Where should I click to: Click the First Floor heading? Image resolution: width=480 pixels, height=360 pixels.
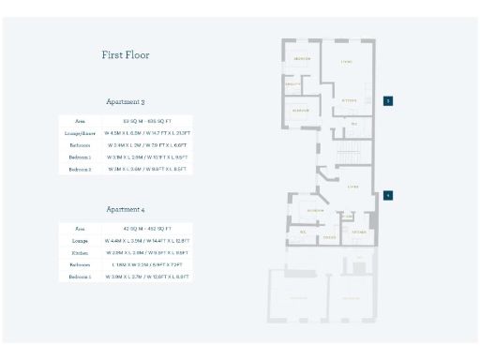[126, 55]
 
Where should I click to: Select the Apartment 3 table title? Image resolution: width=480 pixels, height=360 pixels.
[126, 101]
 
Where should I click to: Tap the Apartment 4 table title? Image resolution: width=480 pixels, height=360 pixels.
[126, 209]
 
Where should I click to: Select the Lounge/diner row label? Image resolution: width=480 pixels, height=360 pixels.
[80, 133]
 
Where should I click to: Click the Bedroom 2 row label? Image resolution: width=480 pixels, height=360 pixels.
[80, 170]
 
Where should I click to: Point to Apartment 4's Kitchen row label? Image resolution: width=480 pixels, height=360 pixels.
[80, 253]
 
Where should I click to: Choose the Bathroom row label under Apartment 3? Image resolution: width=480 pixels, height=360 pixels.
[80, 145]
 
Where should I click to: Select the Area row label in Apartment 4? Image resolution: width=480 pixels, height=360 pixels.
[80, 229]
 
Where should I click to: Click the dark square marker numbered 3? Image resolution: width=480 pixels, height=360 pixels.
[388, 100]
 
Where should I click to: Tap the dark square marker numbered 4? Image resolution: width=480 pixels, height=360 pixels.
[388, 196]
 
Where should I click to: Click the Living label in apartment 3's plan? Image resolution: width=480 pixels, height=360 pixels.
[347, 63]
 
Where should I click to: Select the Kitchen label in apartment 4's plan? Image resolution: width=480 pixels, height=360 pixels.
[357, 231]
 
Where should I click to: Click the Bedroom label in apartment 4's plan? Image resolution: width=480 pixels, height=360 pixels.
[316, 211]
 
